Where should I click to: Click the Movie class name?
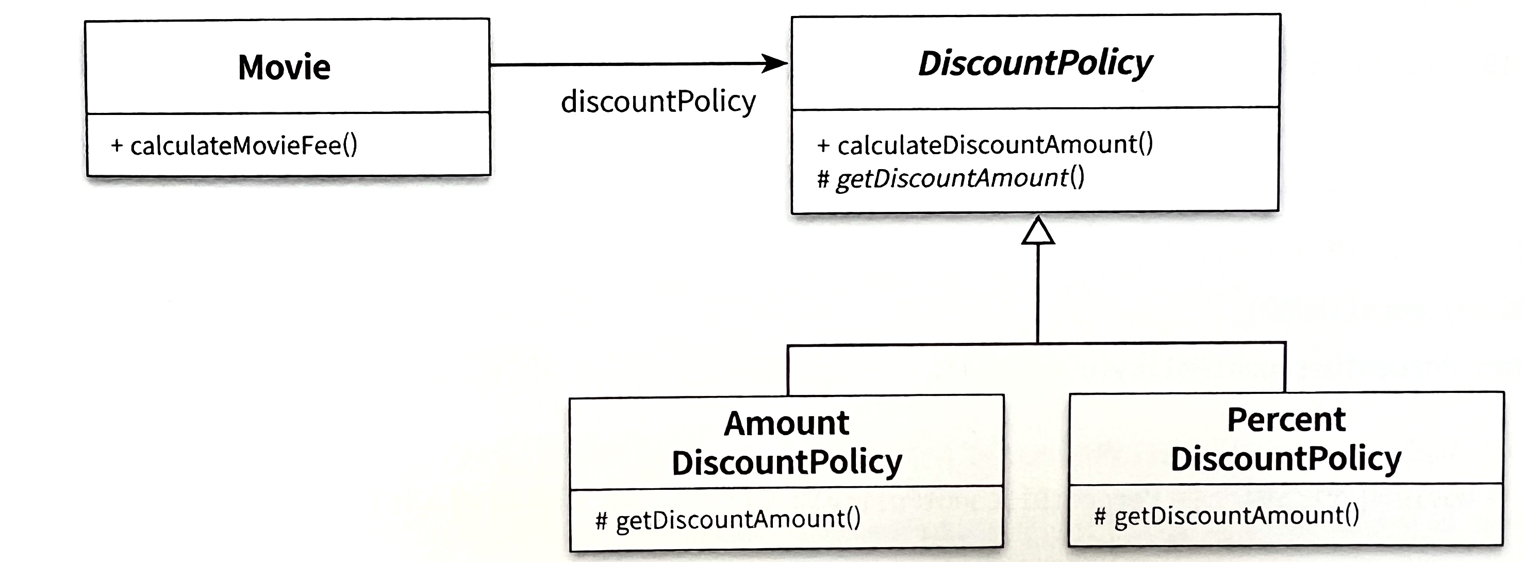click(x=284, y=67)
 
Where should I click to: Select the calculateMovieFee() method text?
click(x=244, y=145)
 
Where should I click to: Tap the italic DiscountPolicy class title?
click(x=1035, y=63)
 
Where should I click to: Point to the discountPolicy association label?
click(x=658, y=102)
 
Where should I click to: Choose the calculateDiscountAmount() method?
click(x=995, y=144)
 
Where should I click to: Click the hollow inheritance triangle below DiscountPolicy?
click(x=1038, y=232)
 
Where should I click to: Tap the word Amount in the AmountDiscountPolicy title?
click(x=786, y=424)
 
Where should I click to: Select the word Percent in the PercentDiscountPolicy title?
click(x=1286, y=420)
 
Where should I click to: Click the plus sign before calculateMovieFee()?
click(x=117, y=145)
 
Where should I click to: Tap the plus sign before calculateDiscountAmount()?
click(x=823, y=145)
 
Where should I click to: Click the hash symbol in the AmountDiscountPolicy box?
click(x=602, y=521)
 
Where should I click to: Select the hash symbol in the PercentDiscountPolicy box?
click(x=1100, y=517)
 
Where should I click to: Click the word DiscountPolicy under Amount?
click(x=786, y=462)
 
